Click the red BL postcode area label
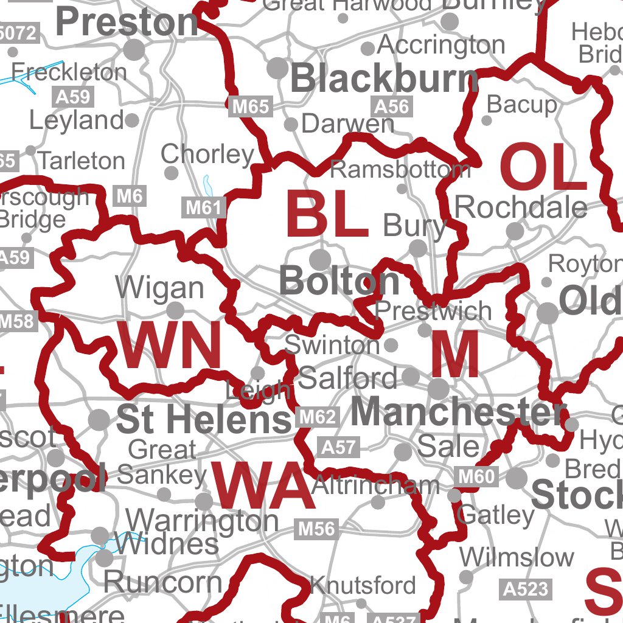327,215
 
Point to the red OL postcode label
543,169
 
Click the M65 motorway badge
251,107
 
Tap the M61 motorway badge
204,208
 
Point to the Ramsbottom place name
400,170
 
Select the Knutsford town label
363,585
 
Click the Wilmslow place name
517,557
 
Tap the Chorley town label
207,155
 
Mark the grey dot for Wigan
175,311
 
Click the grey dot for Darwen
291,125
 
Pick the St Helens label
204,420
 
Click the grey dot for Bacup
487,120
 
